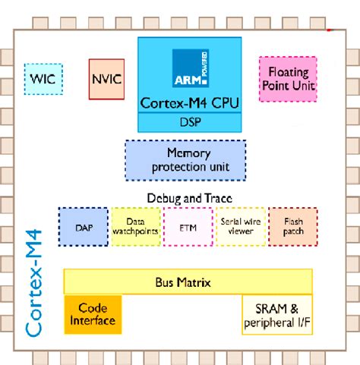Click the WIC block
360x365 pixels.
point(43,79)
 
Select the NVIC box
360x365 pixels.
point(106,79)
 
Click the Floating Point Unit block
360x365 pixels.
point(288,79)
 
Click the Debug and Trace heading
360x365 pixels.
point(189,199)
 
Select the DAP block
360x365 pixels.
point(83,226)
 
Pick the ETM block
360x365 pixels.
point(188,226)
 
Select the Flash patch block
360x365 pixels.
point(292,226)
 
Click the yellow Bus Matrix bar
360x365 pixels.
point(189,282)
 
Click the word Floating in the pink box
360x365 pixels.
point(288,72)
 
